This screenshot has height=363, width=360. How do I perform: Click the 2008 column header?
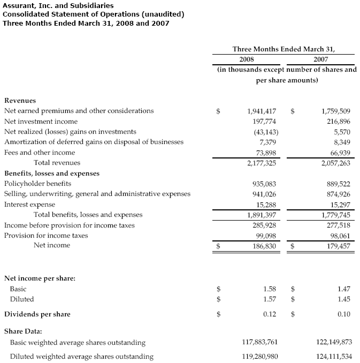[x=247, y=59]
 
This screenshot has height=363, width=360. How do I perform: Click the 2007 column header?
[x=321, y=59]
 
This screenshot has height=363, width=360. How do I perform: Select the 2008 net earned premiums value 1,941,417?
[x=262, y=111]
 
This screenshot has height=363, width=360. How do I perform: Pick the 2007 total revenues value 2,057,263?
[x=335, y=163]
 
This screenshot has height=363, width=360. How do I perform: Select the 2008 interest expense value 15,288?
[x=266, y=204]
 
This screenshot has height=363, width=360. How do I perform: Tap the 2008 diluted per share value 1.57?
[x=270, y=299]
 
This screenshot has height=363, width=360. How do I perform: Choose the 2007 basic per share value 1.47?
[x=344, y=289]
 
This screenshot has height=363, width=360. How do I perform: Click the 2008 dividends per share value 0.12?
[x=270, y=314]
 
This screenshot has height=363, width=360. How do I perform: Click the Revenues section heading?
[x=20, y=100]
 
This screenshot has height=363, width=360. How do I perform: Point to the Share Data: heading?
[x=23, y=331]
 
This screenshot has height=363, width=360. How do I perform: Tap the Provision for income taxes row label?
[x=46, y=235]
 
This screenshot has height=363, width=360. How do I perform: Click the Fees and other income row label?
[x=40, y=152]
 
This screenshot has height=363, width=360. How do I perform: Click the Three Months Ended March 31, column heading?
[x=287, y=49]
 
